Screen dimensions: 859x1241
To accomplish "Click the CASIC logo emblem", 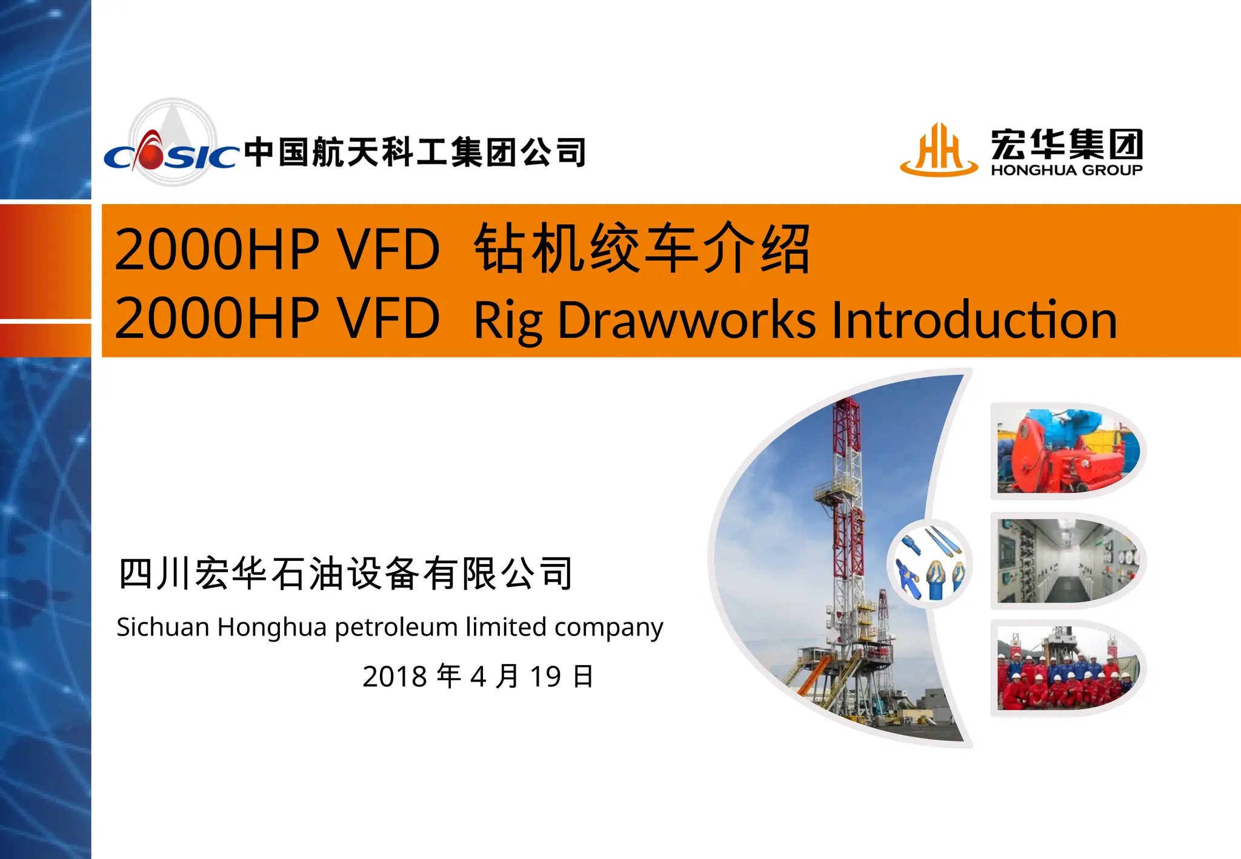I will [x=171, y=145].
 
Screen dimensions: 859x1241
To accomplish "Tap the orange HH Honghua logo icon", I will [x=939, y=150].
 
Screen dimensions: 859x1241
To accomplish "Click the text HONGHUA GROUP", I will [x=1066, y=170].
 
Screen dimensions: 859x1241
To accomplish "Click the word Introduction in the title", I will [x=974, y=319].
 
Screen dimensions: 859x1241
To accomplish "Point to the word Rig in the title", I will [x=508, y=320].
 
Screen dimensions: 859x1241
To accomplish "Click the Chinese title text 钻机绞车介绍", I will [x=642, y=248].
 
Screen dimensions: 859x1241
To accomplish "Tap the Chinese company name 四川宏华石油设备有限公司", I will [x=345, y=573].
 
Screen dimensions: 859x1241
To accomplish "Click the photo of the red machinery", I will [x=1068, y=451].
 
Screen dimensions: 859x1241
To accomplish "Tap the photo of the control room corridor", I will [x=1068, y=560].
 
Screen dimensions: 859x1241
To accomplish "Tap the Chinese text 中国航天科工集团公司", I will [x=415, y=151].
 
